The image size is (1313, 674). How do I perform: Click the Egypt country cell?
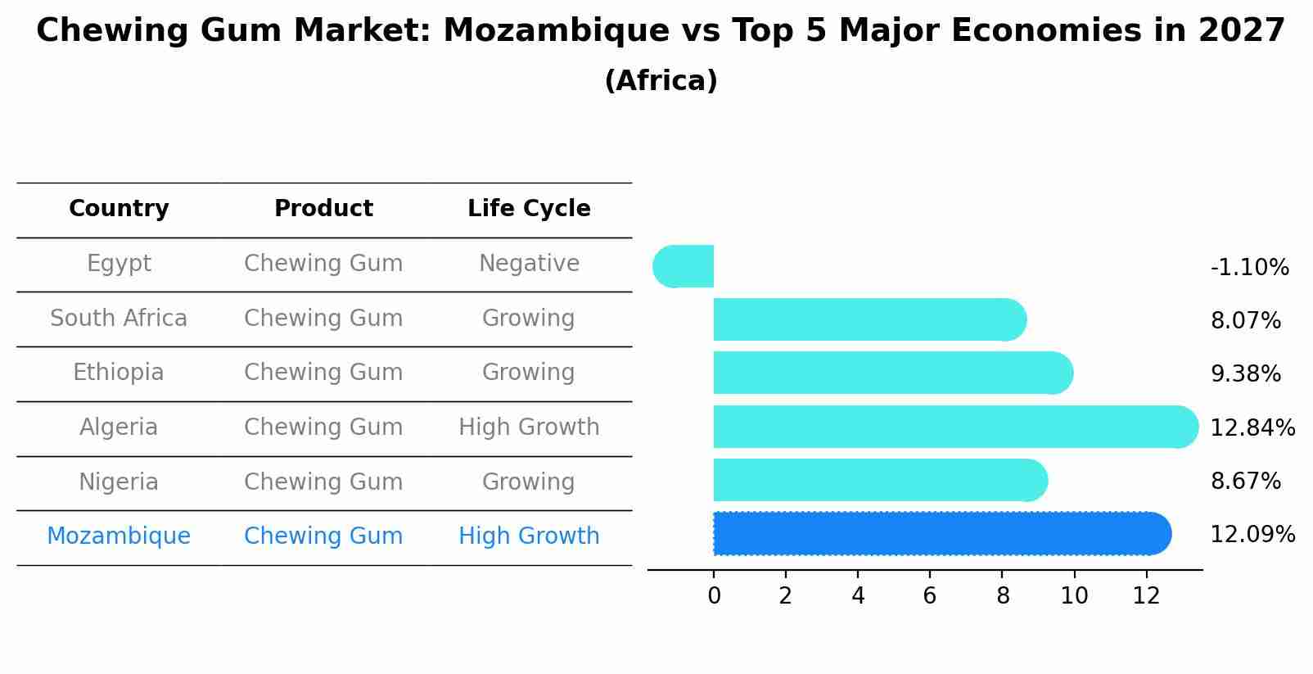119,264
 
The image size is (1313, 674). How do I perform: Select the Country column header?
119,209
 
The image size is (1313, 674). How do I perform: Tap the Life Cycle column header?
529,209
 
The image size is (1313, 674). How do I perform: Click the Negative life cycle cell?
529,264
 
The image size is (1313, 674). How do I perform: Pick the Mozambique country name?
119,536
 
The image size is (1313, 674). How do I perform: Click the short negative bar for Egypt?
684,266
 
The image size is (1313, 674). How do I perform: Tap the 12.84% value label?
1252,428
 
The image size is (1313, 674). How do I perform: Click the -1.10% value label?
1249,268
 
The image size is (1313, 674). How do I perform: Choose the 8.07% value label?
1245,321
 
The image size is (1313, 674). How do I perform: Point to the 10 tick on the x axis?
1074,596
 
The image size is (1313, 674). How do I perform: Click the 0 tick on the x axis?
714,596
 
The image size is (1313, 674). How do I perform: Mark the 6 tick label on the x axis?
930,596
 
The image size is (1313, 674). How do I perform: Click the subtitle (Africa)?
661,81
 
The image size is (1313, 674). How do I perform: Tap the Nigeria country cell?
119,482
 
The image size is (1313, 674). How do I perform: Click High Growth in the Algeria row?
529,427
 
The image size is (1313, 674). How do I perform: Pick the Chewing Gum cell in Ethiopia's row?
323,373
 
